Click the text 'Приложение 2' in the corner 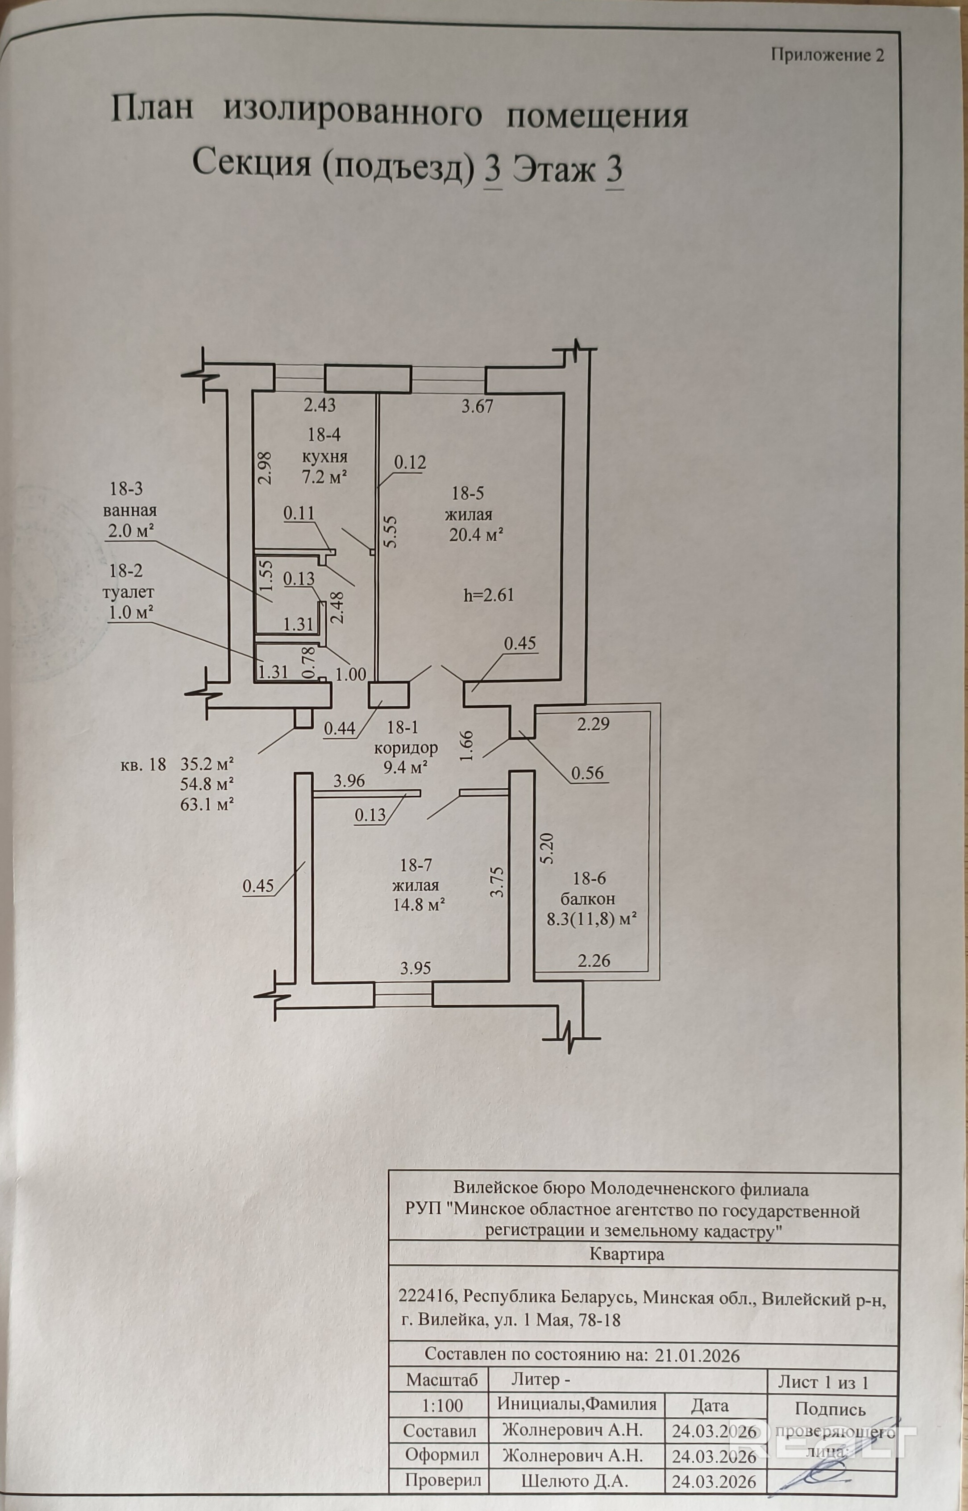[x=827, y=55]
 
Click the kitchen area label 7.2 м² [x=325, y=477]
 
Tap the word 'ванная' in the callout [x=130, y=510]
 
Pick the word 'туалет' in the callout [x=131, y=592]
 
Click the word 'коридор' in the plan [x=405, y=748]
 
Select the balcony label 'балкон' [x=585, y=898]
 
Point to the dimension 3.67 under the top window [x=477, y=406]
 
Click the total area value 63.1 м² [x=208, y=804]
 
